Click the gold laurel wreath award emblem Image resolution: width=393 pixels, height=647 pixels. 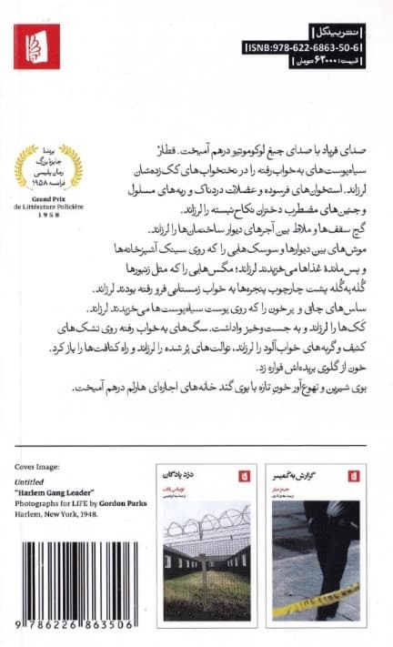(56, 163)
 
